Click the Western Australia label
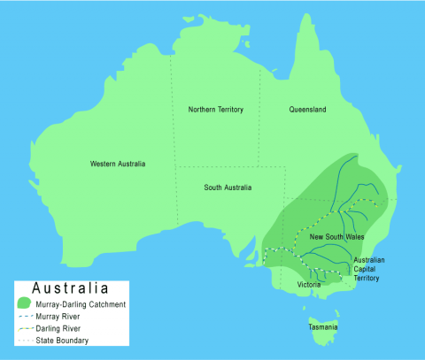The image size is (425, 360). [118, 164]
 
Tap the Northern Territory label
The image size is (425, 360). [216, 110]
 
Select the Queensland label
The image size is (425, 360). [307, 110]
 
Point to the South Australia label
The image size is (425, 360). [228, 188]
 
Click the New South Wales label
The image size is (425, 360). [337, 238]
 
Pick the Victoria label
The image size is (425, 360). [309, 285]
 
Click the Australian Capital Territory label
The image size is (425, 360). [368, 269]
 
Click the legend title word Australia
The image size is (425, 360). [70, 288]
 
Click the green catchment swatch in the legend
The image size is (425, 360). [25, 304]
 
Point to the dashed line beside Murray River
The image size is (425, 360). [25, 317]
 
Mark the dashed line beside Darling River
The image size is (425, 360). [25, 328]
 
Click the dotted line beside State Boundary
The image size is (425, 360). [25, 341]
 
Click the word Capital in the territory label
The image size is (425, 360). [367, 269]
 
